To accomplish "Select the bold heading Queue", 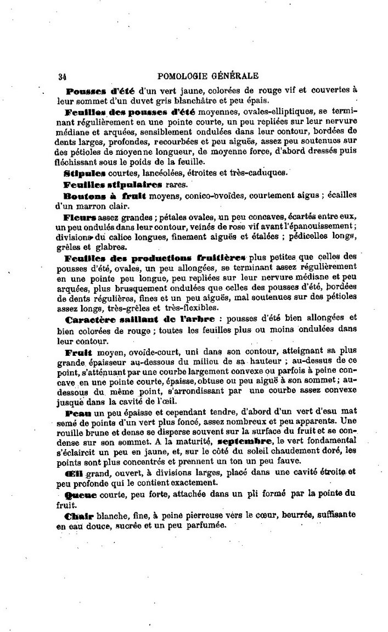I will [x=81, y=494].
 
